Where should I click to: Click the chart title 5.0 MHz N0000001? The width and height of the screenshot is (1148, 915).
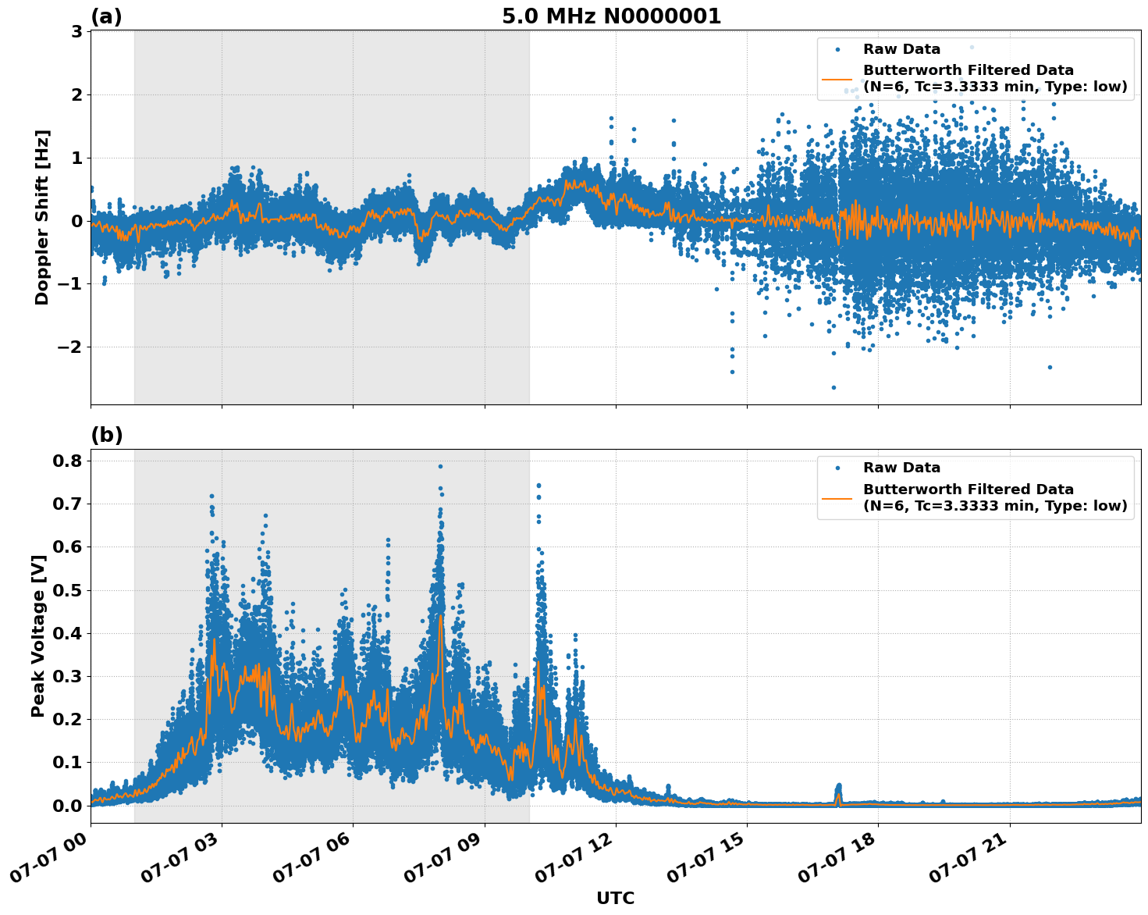pos(611,16)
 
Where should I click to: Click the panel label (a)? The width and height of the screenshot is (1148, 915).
pos(106,16)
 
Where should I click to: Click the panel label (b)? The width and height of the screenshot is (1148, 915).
pos(107,435)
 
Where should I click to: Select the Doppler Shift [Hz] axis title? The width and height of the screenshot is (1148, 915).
pos(42,217)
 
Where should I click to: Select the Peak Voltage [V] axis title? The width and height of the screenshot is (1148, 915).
pos(38,636)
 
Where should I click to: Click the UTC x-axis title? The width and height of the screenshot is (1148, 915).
pos(615,898)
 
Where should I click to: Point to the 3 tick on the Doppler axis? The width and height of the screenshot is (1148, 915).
pos(76,32)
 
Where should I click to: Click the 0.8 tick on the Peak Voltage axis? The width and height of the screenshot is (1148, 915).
pos(68,461)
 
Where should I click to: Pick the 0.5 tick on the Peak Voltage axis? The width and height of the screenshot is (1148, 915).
pos(68,590)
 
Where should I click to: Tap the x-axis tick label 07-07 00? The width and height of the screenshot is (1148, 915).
pos(50,862)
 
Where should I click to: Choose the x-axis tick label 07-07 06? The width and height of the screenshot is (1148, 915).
pos(312,862)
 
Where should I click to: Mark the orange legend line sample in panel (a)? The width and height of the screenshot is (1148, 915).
pos(837,79)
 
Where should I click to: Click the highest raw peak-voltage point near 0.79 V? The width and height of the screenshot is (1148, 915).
pos(440,466)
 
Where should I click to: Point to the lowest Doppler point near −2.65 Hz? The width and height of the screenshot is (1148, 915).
pos(833,387)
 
